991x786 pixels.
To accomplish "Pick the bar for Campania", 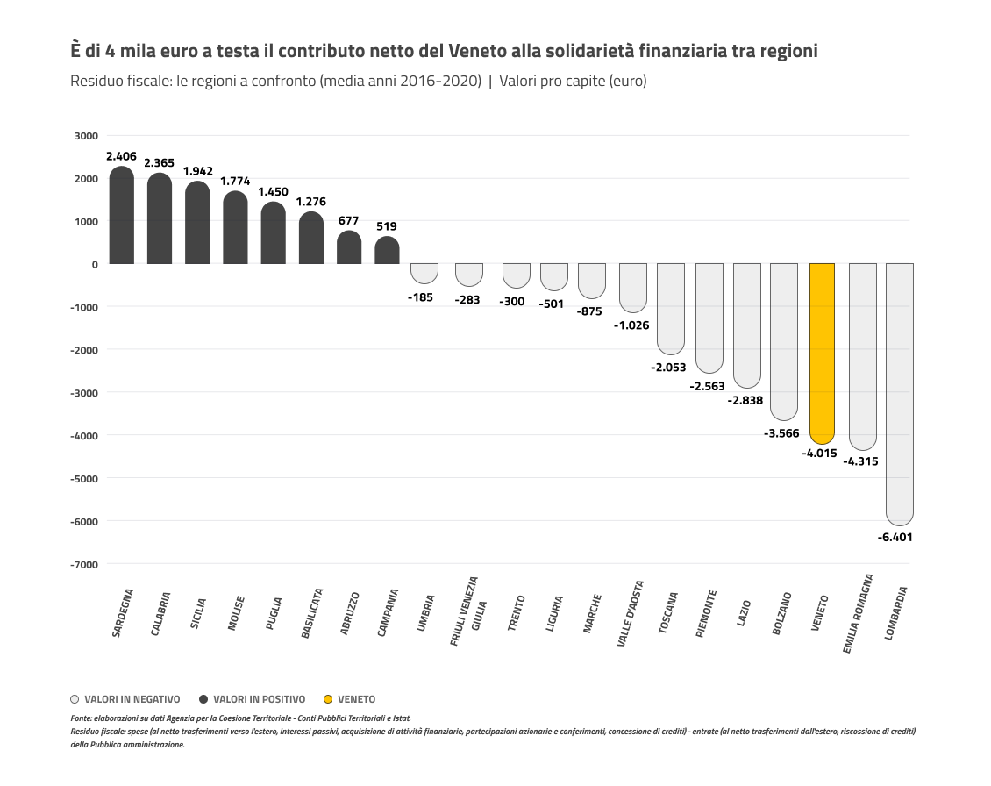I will [x=387, y=251].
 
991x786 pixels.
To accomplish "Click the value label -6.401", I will [x=895, y=537].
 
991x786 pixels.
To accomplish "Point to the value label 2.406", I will [x=121, y=156].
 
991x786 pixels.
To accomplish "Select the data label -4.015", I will [x=819, y=454].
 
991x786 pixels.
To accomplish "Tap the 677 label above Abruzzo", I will [x=348, y=220].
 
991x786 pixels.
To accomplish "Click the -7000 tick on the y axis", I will [x=84, y=564].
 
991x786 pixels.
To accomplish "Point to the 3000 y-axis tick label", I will [x=86, y=136].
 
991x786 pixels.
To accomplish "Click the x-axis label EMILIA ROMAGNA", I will [x=859, y=614].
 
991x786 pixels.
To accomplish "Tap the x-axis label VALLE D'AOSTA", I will [x=631, y=613].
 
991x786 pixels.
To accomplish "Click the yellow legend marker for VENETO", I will [x=328, y=699].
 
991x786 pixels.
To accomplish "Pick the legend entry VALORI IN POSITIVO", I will [x=259, y=699].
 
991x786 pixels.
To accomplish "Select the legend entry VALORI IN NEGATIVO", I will [x=132, y=699].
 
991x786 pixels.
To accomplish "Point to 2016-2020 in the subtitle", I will [x=441, y=81].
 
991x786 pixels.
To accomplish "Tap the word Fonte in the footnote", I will [x=81, y=718].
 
